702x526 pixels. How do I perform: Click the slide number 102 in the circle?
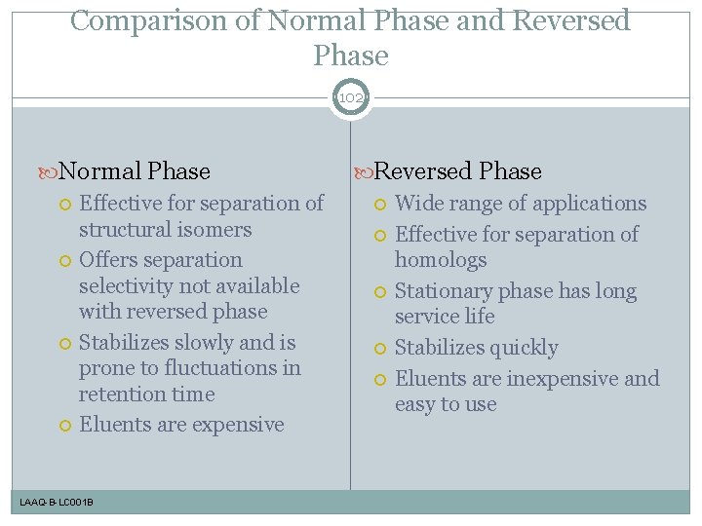coord(351,98)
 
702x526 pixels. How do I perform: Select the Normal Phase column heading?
coord(135,171)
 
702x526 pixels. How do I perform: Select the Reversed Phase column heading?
coord(457,171)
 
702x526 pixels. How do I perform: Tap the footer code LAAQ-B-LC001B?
coord(57,502)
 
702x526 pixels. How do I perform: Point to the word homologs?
coord(441,260)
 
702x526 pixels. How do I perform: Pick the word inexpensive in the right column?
coord(557,378)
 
